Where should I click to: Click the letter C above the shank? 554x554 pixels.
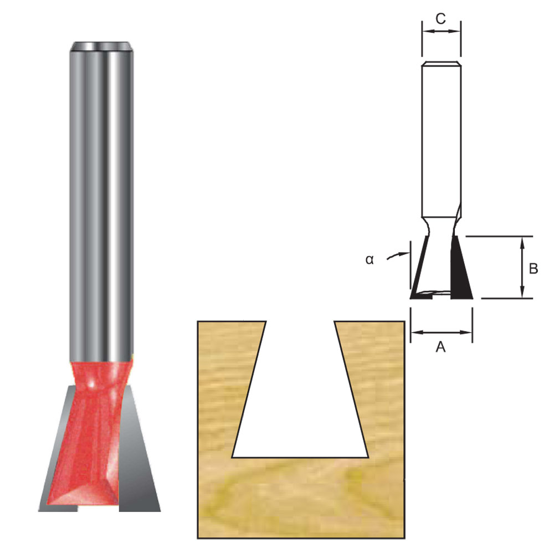440,18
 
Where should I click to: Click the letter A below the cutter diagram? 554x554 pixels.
441,347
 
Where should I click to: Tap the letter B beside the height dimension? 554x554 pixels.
533,269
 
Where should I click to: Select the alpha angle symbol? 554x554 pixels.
370,259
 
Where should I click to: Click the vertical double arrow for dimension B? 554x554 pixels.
522,268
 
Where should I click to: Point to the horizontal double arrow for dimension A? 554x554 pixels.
441,332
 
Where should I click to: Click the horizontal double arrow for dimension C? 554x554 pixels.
441,32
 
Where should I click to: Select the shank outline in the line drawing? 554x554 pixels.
440,138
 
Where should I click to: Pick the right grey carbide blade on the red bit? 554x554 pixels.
138,454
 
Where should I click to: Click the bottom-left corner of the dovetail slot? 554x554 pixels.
233,457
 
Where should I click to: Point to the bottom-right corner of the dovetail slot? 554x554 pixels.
368,457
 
